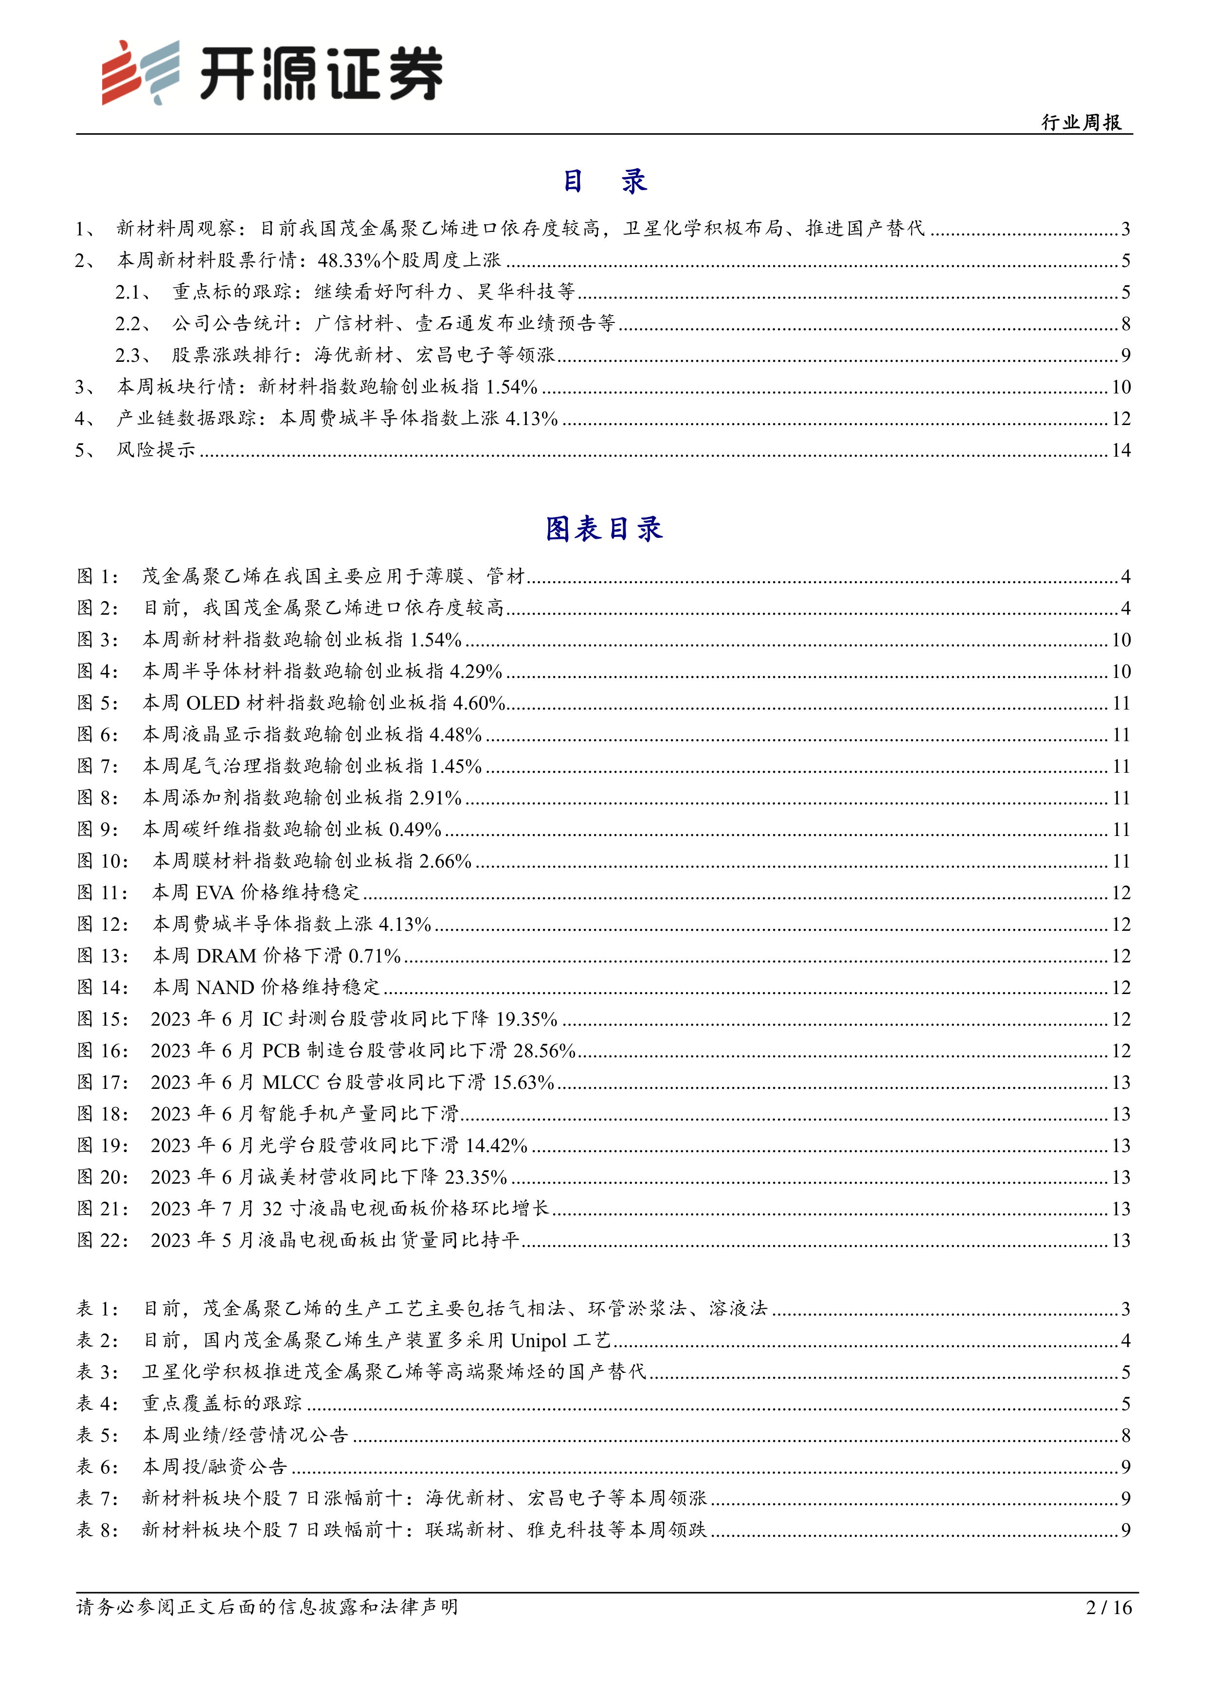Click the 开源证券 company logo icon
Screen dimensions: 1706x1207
(x=141, y=72)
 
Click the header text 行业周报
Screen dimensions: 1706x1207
(x=1081, y=123)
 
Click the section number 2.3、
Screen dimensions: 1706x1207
(x=134, y=355)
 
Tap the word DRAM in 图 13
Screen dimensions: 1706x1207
(x=226, y=956)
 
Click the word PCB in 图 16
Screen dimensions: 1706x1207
(x=281, y=1050)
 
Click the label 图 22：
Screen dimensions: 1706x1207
(x=103, y=1240)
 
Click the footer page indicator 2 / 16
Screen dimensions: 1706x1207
(x=1109, y=1607)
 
